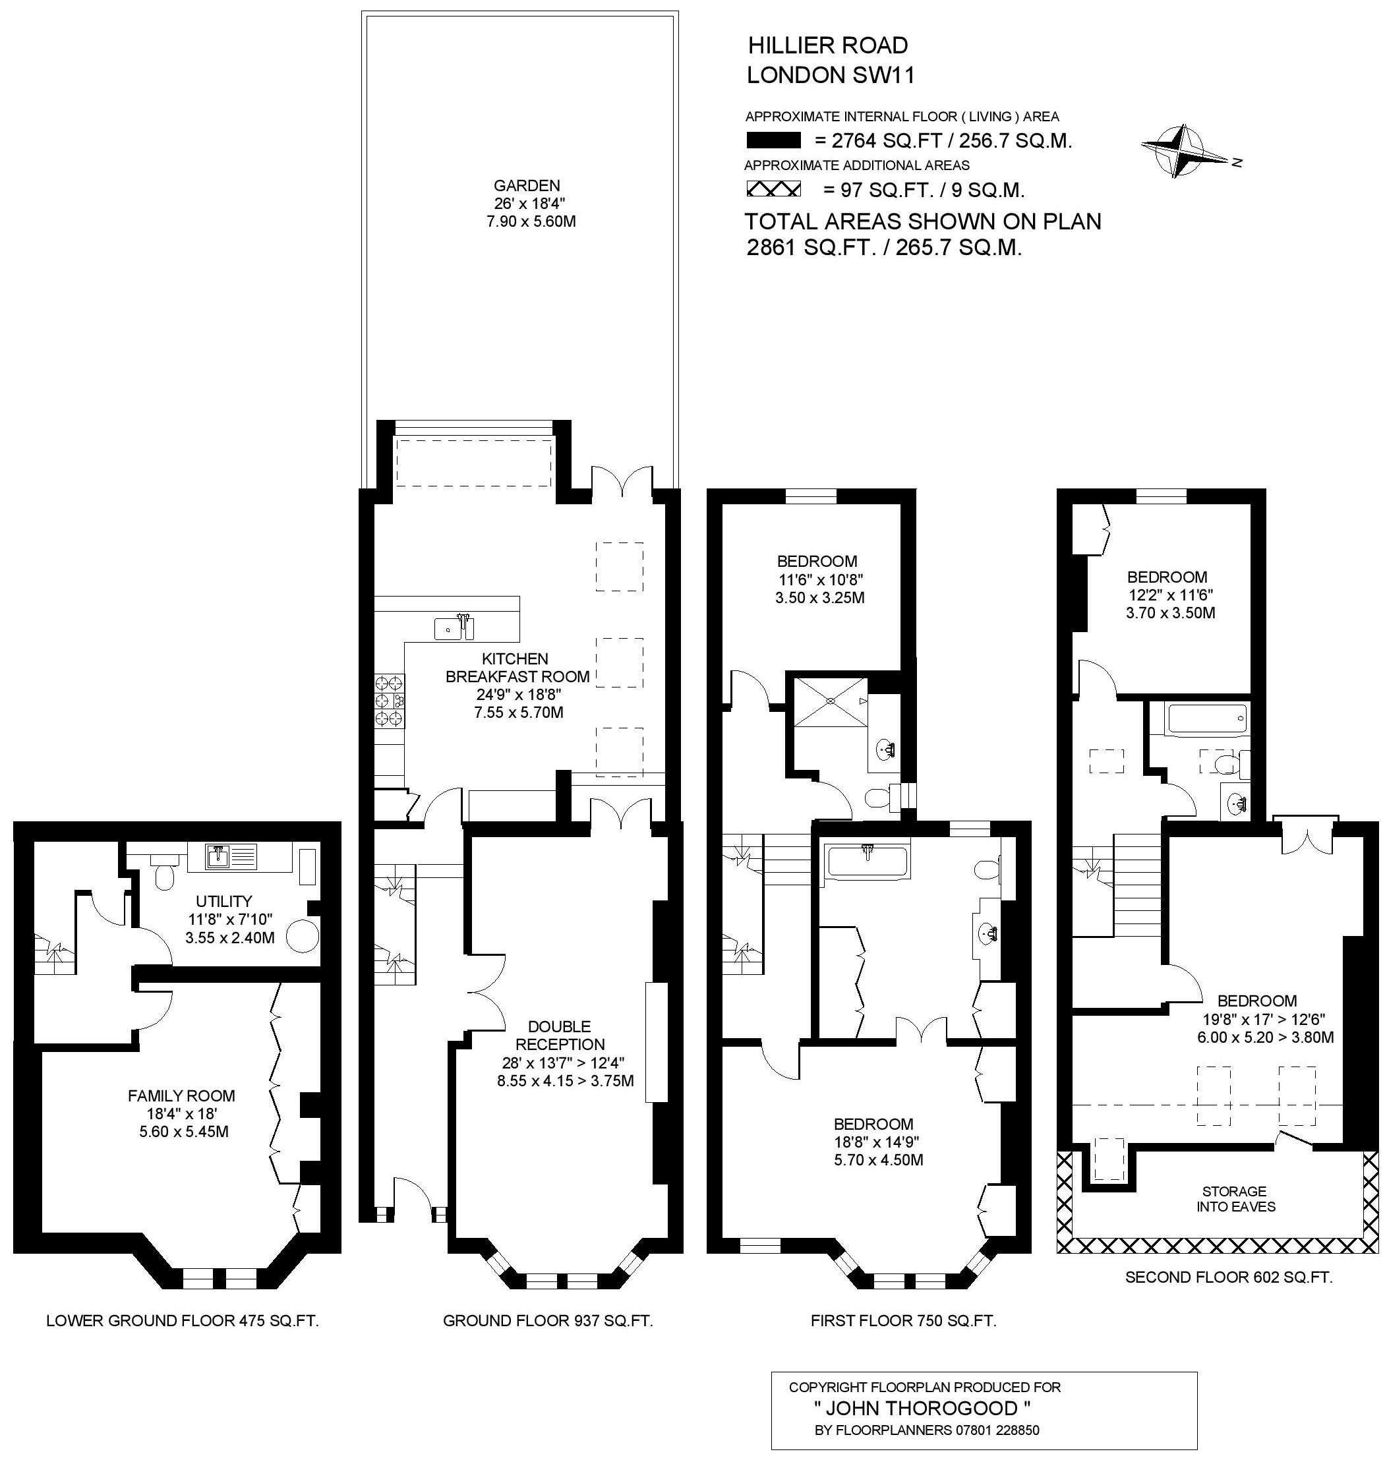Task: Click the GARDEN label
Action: (x=527, y=185)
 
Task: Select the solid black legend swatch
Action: (x=774, y=140)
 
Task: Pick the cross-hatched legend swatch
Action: (x=774, y=190)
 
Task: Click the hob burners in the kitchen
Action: (x=389, y=699)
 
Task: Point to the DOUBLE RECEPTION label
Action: (x=560, y=1036)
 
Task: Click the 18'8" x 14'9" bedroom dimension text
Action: (x=873, y=1142)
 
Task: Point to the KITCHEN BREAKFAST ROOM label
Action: (x=517, y=668)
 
